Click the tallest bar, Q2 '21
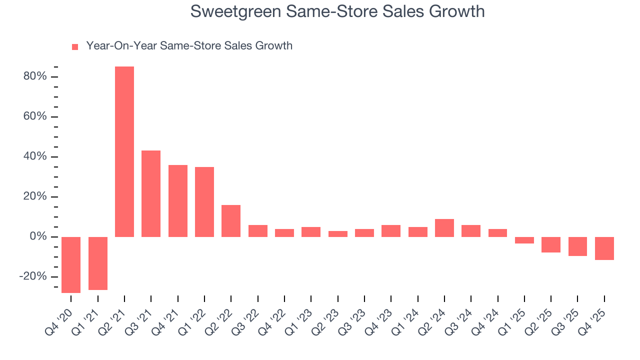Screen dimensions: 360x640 pyautogui.click(x=124, y=151)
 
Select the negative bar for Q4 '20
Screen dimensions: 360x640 pyautogui.click(x=71, y=264)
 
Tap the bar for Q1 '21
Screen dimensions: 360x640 pyautogui.click(x=98, y=263)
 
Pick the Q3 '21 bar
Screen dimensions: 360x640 pyautogui.click(x=151, y=193)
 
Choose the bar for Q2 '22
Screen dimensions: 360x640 pyautogui.click(x=231, y=220)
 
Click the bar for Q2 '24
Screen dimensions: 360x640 pyautogui.click(x=444, y=228)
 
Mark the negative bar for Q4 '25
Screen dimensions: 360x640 pyautogui.click(x=604, y=248)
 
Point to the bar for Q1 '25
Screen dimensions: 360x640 pyautogui.click(x=524, y=240)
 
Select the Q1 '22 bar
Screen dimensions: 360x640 pyautogui.click(x=204, y=201)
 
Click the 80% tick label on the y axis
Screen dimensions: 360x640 pyautogui.click(x=35, y=76)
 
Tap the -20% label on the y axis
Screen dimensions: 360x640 pyautogui.click(x=33, y=276)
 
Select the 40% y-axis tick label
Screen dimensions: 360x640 pyautogui.click(x=35, y=156)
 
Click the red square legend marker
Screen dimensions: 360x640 pyautogui.click(x=75, y=46)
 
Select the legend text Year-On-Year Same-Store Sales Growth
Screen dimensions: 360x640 pyautogui.click(x=189, y=46)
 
